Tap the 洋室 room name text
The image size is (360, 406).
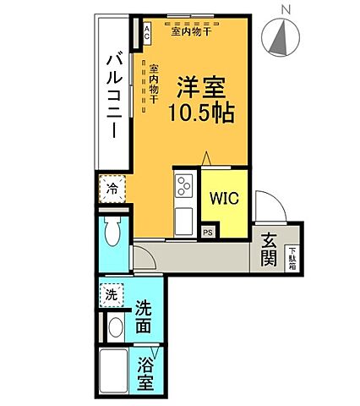201,87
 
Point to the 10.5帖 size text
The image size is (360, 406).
201,111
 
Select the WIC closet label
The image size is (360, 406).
225,200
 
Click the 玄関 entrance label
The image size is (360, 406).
270,248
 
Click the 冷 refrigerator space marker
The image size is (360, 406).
112,189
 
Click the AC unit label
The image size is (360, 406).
145,33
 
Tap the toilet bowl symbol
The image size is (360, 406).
112,230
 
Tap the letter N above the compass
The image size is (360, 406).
286,8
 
